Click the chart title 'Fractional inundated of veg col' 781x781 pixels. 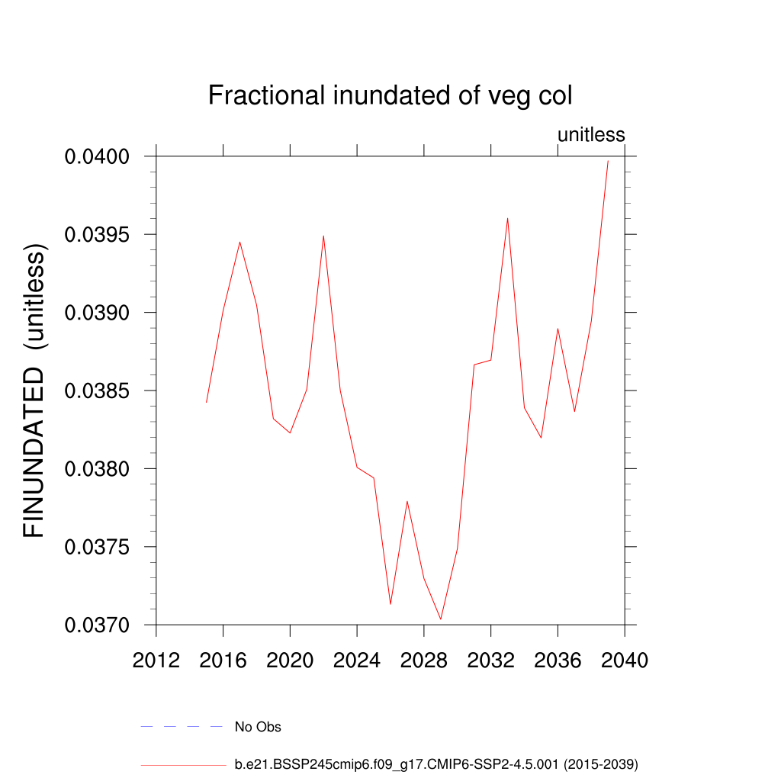click(390, 96)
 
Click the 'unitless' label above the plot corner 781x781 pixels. click(591, 135)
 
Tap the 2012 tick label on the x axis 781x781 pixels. click(156, 660)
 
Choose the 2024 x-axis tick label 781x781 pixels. click(356, 660)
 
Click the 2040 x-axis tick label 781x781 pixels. click(625, 660)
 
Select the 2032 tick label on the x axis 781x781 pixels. click(490, 660)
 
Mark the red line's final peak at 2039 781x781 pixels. click(608, 161)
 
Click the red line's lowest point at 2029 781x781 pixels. click(441, 619)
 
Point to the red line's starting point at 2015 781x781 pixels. click(206, 402)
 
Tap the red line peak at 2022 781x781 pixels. click(323, 236)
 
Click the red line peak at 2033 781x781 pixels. click(507, 218)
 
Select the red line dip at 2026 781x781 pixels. click(390, 604)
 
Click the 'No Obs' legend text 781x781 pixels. click(258, 727)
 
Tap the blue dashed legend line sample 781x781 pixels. click(182, 727)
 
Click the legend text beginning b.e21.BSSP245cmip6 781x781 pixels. click(435, 763)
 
